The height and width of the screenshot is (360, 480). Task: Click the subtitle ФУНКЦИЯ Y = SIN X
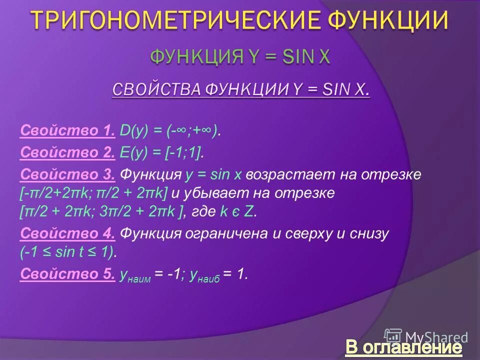point(240,56)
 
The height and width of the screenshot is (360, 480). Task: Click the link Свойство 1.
point(67,131)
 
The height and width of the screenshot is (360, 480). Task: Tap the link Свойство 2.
point(67,153)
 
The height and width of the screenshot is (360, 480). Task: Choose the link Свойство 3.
point(67,174)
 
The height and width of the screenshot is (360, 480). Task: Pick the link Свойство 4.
point(67,233)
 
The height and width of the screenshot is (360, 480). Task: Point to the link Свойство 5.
point(67,273)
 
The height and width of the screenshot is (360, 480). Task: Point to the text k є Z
point(238,211)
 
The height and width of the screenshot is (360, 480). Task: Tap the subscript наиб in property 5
point(209,278)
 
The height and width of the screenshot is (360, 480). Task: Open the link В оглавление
point(403,347)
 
